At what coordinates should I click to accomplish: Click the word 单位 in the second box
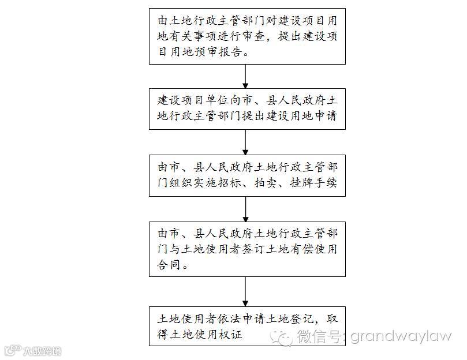(223, 100)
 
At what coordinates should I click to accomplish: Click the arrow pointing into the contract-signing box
(246, 209)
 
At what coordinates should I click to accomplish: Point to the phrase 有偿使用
(317, 250)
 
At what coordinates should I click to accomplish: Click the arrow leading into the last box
(246, 291)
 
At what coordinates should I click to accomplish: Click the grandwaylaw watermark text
(401, 336)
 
